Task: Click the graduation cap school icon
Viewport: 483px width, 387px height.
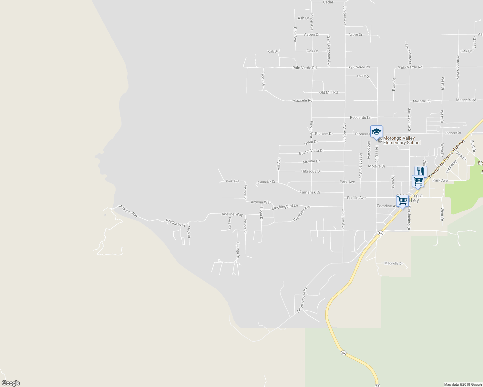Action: [x=376, y=132]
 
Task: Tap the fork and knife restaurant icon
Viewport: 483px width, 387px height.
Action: [x=421, y=171]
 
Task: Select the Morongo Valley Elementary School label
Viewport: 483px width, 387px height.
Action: [x=402, y=141]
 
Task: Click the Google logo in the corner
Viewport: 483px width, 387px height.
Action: [x=11, y=383]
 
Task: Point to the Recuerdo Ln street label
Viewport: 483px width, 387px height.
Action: [x=360, y=118]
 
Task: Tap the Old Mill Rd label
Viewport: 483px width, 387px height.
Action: [x=328, y=92]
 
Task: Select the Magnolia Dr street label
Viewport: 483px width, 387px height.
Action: [x=394, y=263]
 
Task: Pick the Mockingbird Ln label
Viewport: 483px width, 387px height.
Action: [x=285, y=207]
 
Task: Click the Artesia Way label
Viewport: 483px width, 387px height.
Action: [x=261, y=202]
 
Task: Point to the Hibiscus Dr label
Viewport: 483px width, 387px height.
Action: [x=311, y=171]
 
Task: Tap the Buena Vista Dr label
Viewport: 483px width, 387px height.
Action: [x=311, y=151]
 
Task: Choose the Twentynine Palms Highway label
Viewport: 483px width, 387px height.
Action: [x=447, y=158]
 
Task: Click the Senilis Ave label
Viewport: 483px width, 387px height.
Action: [x=356, y=198]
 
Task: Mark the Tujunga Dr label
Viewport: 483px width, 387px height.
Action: [x=238, y=250]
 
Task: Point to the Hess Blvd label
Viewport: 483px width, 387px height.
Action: [x=376, y=154]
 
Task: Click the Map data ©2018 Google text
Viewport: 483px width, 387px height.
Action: [x=463, y=384]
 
